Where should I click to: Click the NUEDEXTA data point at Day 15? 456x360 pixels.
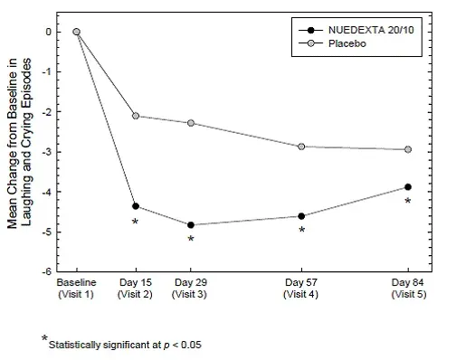136,206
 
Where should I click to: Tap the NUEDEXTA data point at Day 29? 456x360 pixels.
191,225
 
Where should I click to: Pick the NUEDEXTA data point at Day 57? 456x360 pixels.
301,216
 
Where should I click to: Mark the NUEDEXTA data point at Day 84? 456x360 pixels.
407,187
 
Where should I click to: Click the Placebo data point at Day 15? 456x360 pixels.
136,116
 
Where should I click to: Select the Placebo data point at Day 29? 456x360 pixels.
191,123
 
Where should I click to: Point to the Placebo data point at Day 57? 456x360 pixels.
301,147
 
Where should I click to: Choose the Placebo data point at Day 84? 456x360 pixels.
407,149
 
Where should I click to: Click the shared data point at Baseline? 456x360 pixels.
77,32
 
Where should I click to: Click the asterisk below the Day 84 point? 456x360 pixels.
407,202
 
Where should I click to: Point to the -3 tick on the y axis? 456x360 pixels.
58,152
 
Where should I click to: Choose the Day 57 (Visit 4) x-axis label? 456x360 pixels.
301,289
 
